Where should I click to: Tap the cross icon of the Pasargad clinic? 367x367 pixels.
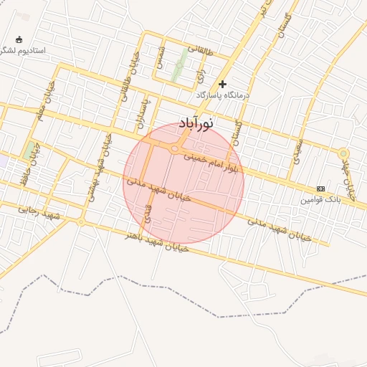point(222,85)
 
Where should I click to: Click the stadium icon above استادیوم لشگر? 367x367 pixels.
point(19,40)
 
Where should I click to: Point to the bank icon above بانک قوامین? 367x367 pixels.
point(320,189)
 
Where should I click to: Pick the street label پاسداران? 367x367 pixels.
point(146,112)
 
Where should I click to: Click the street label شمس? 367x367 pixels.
point(161,58)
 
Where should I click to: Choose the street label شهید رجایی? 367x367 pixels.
point(39,212)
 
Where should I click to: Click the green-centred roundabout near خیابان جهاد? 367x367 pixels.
point(343,153)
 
